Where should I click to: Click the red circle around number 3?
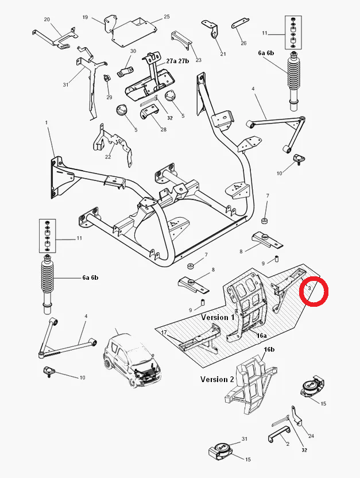[x=313, y=291]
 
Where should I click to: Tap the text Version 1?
[x=218, y=317]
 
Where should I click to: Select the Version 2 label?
[x=217, y=379]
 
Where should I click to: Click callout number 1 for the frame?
[x=47, y=122]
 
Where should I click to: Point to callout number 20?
[x=47, y=19]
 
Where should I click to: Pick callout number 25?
[x=167, y=17]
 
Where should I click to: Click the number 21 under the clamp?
[x=223, y=54]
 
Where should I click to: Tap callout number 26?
[x=243, y=43]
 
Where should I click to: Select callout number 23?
[x=199, y=60]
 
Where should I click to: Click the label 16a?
[x=262, y=335]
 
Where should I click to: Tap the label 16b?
[x=269, y=349]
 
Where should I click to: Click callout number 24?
[x=311, y=435]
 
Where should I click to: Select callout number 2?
[x=287, y=444]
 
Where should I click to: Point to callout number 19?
[x=85, y=18]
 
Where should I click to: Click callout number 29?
[x=110, y=98]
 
